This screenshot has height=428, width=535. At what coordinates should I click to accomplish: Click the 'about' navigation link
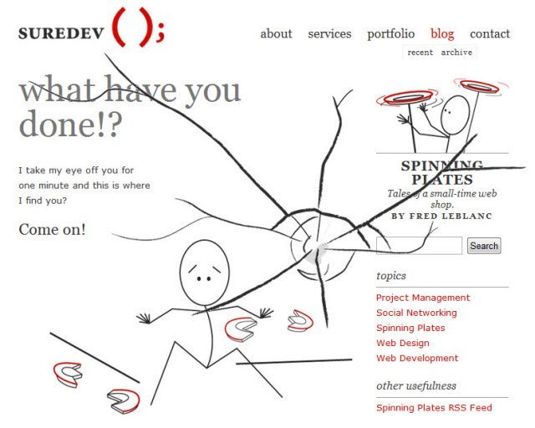(x=276, y=33)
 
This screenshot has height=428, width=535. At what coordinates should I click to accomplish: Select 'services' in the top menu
(x=329, y=33)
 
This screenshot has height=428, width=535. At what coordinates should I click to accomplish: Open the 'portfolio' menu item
(x=391, y=34)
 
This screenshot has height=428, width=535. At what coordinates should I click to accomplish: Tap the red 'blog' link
(x=442, y=34)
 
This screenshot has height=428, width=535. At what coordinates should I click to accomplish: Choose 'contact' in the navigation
(x=490, y=33)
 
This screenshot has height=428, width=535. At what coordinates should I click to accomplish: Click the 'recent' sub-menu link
(x=420, y=53)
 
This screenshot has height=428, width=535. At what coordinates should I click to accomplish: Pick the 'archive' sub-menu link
(x=456, y=52)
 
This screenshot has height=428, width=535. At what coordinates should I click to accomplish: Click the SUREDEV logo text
(x=61, y=33)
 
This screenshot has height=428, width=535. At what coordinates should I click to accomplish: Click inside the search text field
(x=419, y=246)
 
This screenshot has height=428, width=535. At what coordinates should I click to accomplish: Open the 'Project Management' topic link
(x=423, y=298)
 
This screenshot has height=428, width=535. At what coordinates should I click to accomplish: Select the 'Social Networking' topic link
(x=416, y=313)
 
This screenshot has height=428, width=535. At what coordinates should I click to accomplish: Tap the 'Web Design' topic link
(x=403, y=343)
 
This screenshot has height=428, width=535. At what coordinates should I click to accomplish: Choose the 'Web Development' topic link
(x=417, y=359)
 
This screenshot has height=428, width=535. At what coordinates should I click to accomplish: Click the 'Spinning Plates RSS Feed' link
(x=434, y=408)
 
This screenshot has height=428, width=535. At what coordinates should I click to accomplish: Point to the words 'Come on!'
(x=52, y=229)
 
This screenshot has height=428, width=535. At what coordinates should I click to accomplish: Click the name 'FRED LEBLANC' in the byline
(x=451, y=216)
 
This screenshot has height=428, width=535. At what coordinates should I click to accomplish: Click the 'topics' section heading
(x=391, y=275)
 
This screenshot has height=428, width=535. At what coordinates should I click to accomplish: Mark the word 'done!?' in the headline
(x=70, y=123)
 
